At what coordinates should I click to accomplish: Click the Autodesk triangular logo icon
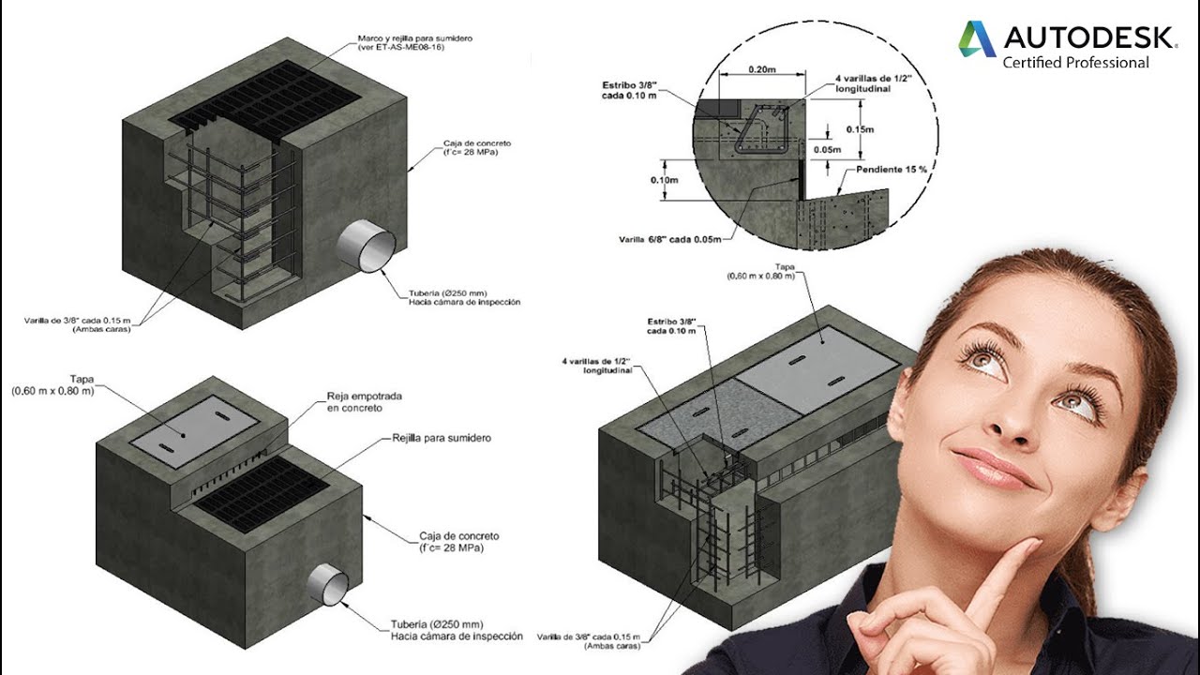(x=977, y=38)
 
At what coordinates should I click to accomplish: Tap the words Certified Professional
(x=1075, y=63)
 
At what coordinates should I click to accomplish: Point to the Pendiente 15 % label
(x=892, y=170)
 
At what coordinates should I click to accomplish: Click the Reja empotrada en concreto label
(x=364, y=402)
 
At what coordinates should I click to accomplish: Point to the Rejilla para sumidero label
(x=441, y=438)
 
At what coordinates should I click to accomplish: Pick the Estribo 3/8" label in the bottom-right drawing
(x=671, y=324)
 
